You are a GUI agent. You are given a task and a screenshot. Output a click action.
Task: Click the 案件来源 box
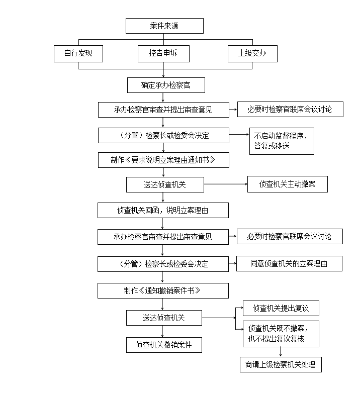pyautogui.click(x=164, y=26)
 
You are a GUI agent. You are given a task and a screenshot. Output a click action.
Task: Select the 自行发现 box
pyautogui.click(x=78, y=54)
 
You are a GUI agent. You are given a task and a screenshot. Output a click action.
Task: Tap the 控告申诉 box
pyautogui.click(x=163, y=54)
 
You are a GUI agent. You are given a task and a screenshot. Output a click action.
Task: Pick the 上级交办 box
pyautogui.click(x=252, y=54)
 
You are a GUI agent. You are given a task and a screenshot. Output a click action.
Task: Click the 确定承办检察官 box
pyautogui.click(x=166, y=85)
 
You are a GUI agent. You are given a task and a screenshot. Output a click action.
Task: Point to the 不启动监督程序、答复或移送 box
pyautogui.click(x=282, y=141)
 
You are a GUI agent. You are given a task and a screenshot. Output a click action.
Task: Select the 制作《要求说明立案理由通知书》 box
pyautogui.click(x=163, y=160)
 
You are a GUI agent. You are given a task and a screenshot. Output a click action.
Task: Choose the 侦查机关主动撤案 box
pyautogui.click(x=288, y=184)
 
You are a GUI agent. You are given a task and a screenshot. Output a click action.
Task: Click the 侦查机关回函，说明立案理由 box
pyautogui.click(x=163, y=211)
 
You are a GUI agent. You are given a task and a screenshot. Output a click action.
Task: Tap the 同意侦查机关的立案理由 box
pyautogui.click(x=290, y=263)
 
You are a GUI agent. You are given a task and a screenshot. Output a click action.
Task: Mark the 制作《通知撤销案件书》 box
pyautogui.click(x=163, y=290)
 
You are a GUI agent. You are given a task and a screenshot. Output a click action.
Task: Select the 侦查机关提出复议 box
pyautogui.click(x=281, y=308)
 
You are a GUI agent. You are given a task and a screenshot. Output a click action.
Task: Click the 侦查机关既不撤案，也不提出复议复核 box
pyautogui.click(x=281, y=334)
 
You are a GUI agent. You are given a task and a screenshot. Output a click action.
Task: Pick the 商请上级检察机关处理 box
pyautogui.click(x=281, y=364)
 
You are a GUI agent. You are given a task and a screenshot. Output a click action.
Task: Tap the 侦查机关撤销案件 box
pyautogui.click(x=164, y=345)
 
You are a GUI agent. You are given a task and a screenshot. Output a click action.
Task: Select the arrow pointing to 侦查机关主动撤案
pyautogui.click(x=226, y=184)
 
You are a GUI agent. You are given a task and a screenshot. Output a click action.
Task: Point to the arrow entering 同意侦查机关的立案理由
pyautogui.click(x=232, y=263)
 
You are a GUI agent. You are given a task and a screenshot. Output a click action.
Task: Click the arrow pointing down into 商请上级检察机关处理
pyautogui.click(x=281, y=352)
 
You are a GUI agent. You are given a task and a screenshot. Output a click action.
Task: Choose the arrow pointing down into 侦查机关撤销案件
pyautogui.click(x=162, y=331)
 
